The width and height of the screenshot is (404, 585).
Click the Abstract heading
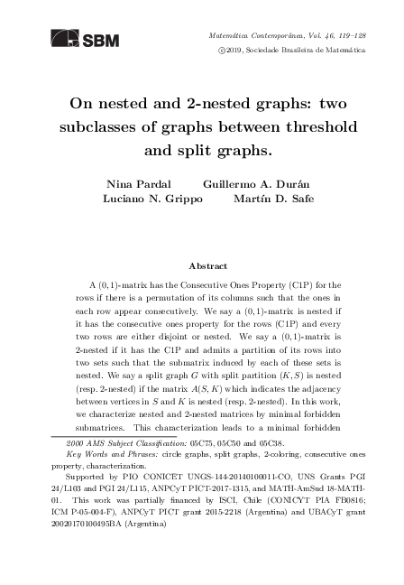pos(201,266)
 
